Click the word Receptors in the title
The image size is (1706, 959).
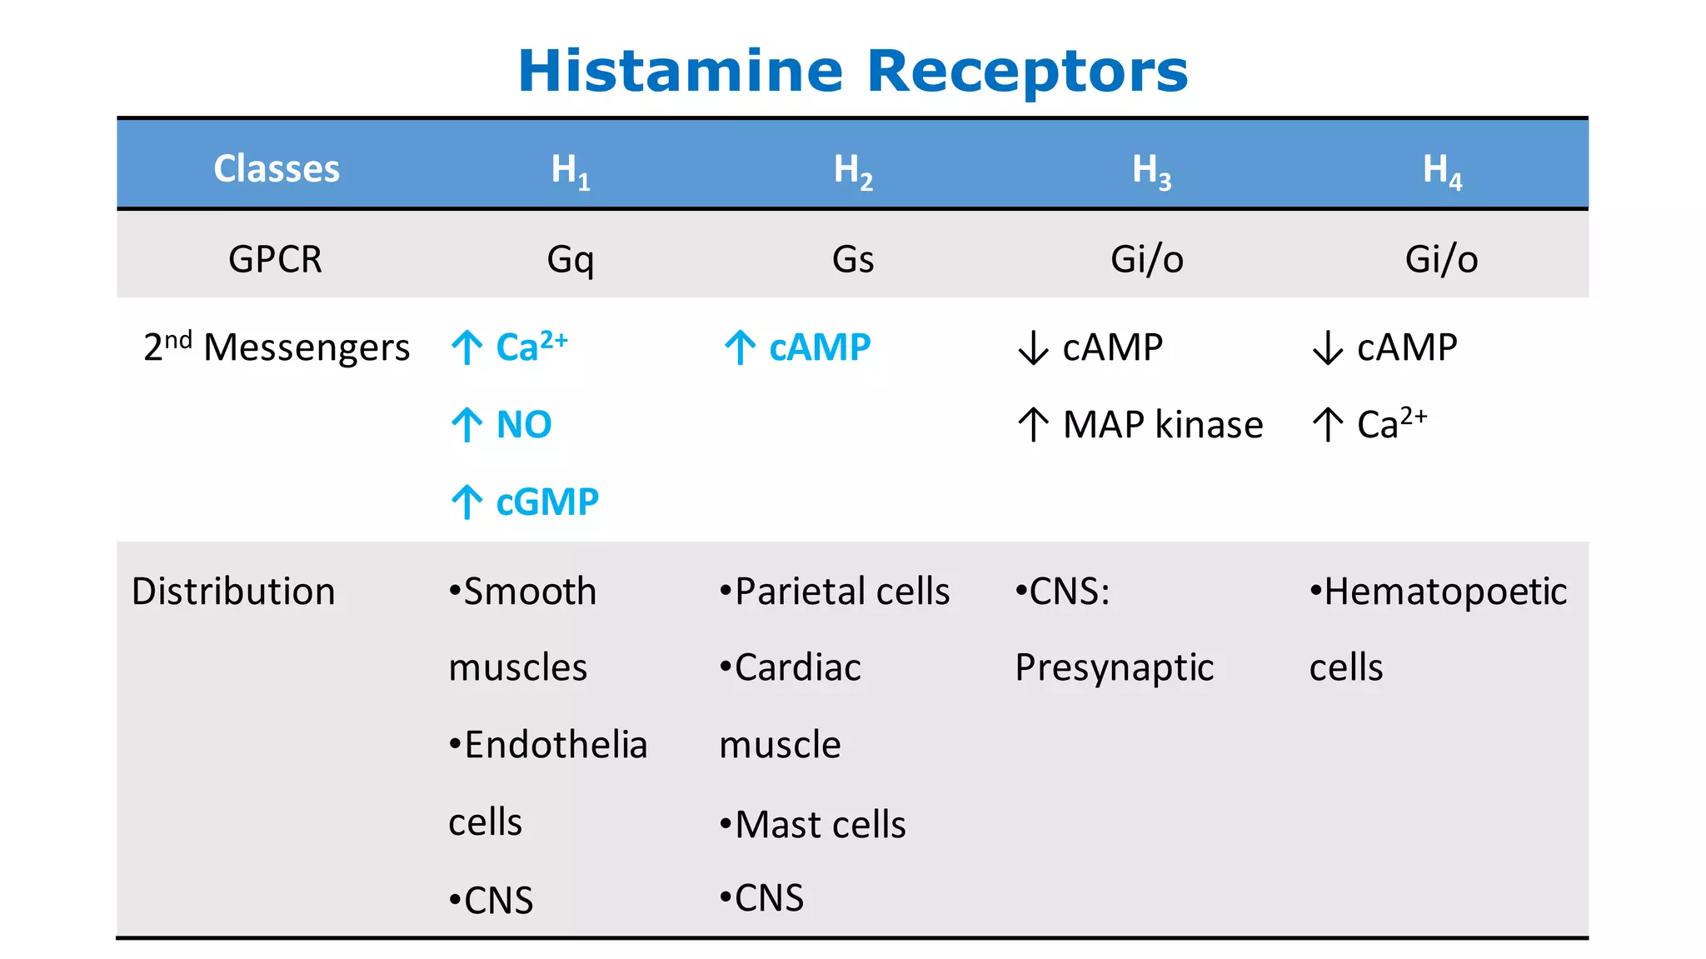pyautogui.click(x=1027, y=72)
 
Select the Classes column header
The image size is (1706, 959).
pyautogui.click(x=277, y=168)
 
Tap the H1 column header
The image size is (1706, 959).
pyautogui.click(x=571, y=170)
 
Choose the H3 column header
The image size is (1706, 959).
pyautogui.click(x=1151, y=170)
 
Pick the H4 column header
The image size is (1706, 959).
pyautogui.click(x=1442, y=170)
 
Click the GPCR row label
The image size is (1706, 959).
pyautogui.click(x=275, y=259)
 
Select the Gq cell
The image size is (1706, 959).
pyautogui.click(x=571, y=260)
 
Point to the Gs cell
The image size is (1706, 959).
pyautogui.click(x=853, y=259)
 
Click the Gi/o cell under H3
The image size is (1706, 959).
pyautogui.click(x=1147, y=259)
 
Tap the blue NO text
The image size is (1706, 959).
pyautogui.click(x=524, y=425)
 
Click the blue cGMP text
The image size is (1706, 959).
pyautogui.click(x=547, y=502)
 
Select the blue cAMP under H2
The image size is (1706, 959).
pyautogui.click(x=820, y=347)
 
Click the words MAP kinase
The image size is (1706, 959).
pyautogui.click(x=1163, y=425)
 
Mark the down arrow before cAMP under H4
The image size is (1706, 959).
pyautogui.click(x=1327, y=347)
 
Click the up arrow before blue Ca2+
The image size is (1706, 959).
pyautogui.click(x=466, y=347)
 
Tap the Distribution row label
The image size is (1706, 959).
pyautogui.click(x=233, y=592)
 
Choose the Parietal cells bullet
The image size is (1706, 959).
pyautogui.click(x=835, y=592)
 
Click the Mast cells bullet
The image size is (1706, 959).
pyautogui.click(x=813, y=825)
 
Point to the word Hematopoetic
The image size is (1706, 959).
pyautogui.click(x=1445, y=592)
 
